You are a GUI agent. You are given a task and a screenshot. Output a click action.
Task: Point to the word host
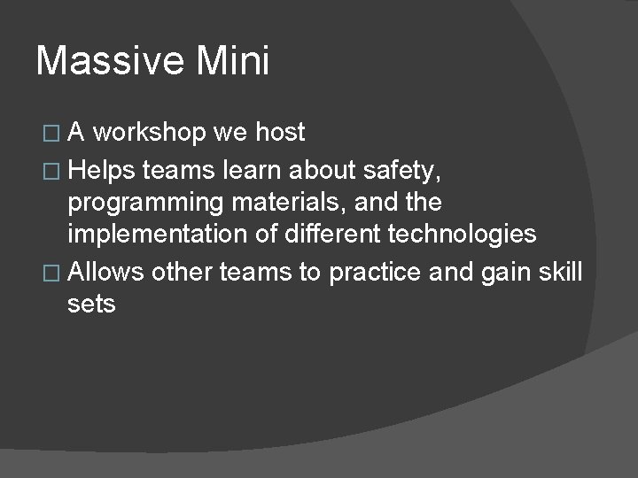tap(279, 133)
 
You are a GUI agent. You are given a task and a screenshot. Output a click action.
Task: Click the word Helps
tap(103, 167)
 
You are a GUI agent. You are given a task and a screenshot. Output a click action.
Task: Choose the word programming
tap(146, 202)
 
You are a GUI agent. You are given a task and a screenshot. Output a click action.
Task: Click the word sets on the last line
tap(91, 305)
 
